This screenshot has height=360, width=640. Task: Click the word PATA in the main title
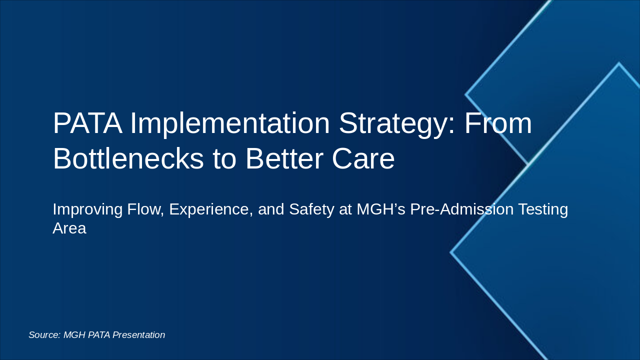click(x=87, y=123)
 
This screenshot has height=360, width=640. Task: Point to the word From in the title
click(x=498, y=123)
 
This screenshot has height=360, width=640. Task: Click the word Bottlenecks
click(x=128, y=159)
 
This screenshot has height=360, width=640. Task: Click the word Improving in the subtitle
click(x=87, y=209)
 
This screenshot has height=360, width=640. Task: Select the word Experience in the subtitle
click(x=211, y=209)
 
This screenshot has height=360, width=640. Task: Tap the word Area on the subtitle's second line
click(x=69, y=228)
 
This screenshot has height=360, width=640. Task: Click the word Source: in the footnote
click(x=44, y=335)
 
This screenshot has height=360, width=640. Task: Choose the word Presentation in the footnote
click(x=138, y=335)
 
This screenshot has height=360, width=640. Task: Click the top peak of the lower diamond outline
click(x=618, y=63)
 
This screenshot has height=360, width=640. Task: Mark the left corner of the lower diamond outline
click(x=451, y=252)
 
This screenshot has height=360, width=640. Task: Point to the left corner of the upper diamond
click(x=466, y=94)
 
